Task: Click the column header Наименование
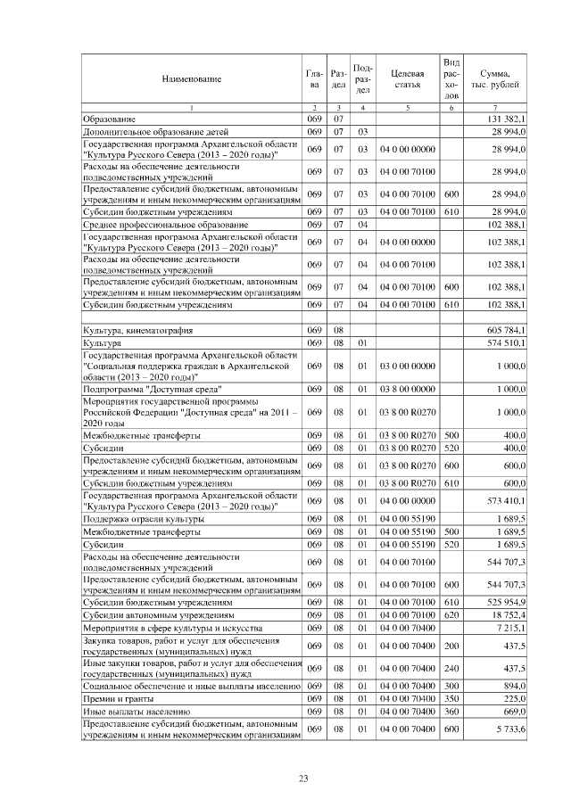pos(191,79)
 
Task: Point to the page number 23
pos(302,778)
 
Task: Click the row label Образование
pos(110,119)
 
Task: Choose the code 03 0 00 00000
pos(407,366)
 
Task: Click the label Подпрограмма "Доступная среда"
pos(153,389)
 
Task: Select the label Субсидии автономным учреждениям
pos(158,614)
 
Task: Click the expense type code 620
pos(451,614)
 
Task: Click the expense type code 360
pos(451,711)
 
